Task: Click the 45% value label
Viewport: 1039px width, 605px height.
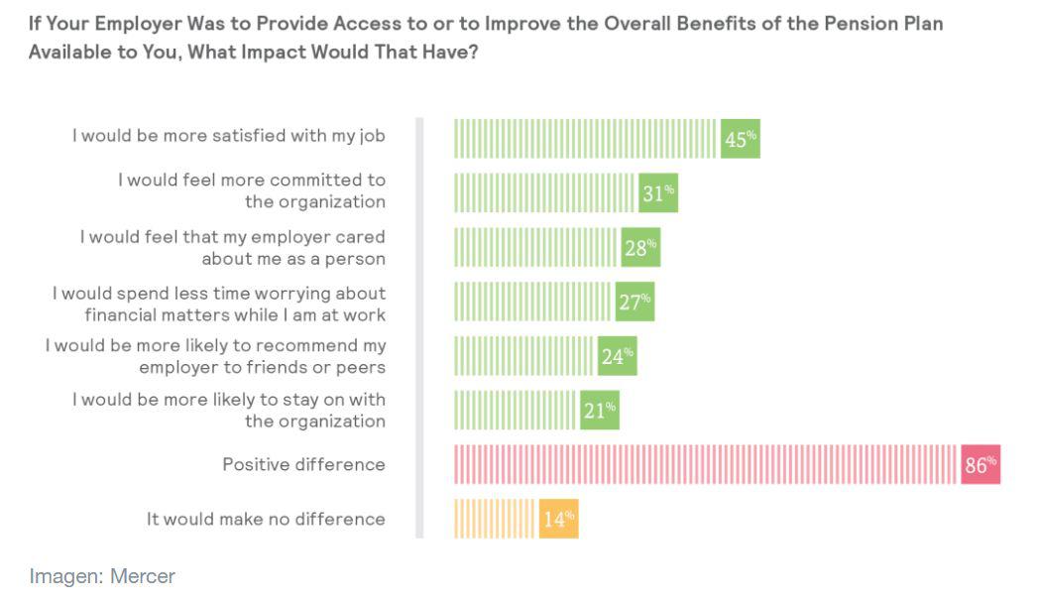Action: (740, 139)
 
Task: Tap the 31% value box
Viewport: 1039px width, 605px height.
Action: (658, 193)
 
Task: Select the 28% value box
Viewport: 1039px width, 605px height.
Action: (640, 248)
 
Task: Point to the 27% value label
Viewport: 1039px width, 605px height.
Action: (635, 302)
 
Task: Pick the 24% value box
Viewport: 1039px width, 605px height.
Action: (617, 356)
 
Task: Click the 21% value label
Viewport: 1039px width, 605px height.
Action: (600, 410)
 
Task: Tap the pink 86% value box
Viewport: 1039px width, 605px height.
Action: (980, 464)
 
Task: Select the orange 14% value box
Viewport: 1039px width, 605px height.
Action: (558, 519)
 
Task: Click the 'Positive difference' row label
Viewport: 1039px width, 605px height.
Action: (303, 464)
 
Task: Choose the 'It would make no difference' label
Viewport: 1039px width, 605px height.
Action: (266, 519)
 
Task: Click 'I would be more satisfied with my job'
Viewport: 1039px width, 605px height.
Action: (228, 135)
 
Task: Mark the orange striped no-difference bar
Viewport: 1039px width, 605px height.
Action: (495, 519)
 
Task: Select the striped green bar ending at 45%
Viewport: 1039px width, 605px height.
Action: (585, 139)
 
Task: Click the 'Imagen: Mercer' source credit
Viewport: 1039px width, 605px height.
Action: (102, 576)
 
